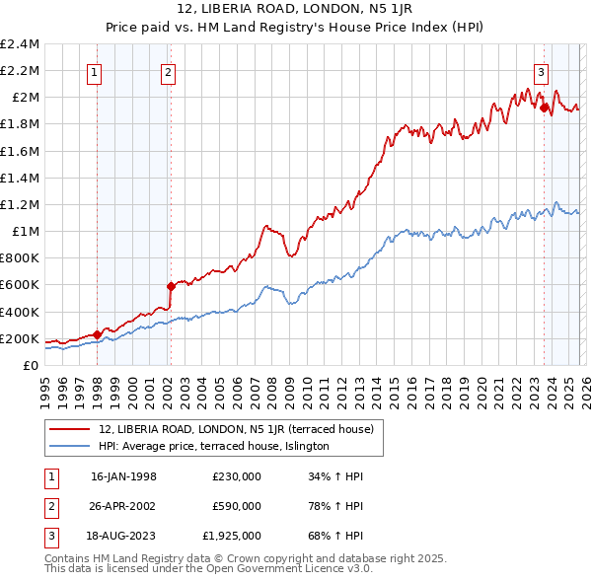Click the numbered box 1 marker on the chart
point(96,71)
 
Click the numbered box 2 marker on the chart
point(170,71)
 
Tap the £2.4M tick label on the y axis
point(20,44)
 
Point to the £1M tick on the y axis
point(25,232)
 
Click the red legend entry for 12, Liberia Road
point(235,429)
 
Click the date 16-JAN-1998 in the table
point(123,476)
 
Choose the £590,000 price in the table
point(237,506)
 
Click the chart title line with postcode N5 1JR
point(296,11)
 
